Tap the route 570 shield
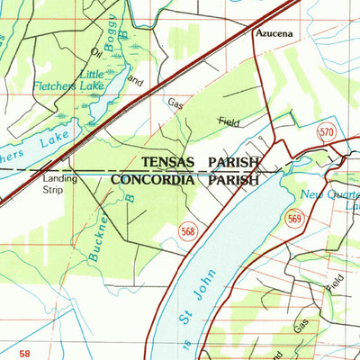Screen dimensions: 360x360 327,133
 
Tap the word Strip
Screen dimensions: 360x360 58,190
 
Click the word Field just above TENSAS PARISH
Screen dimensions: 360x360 229,121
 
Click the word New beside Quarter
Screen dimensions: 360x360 311,194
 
